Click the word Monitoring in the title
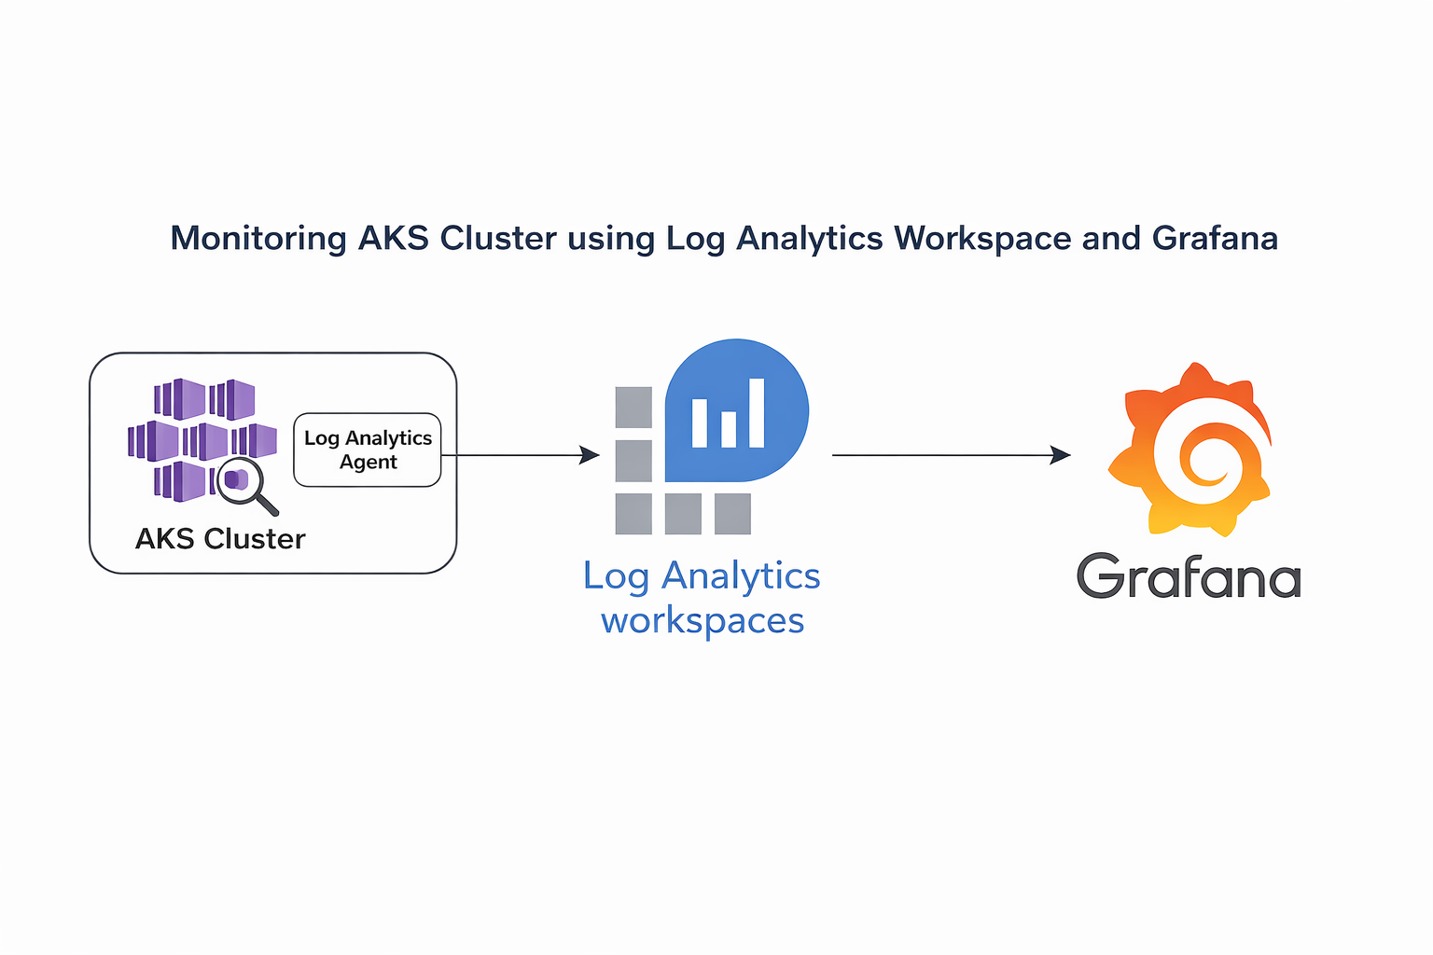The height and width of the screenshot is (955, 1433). pyautogui.click(x=258, y=239)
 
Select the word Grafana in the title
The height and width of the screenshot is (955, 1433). pyautogui.click(x=1215, y=239)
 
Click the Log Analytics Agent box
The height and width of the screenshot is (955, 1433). pyautogui.click(x=368, y=450)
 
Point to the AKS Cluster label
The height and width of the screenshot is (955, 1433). pyautogui.click(x=220, y=539)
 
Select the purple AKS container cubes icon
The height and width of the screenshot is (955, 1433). pyautogui.click(x=196, y=434)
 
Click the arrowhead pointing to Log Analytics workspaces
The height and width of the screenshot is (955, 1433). pyautogui.click(x=590, y=455)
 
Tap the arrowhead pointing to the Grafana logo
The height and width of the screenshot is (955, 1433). pyautogui.click(x=1061, y=455)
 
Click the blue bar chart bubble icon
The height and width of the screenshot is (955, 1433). pyautogui.click(x=736, y=410)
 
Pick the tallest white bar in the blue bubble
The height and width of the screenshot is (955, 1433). pyautogui.click(x=757, y=413)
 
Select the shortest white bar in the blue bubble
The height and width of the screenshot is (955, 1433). pyautogui.click(x=729, y=429)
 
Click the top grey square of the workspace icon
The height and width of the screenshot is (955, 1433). pyautogui.click(x=633, y=408)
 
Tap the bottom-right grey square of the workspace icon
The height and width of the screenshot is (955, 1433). pyautogui.click(x=732, y=514)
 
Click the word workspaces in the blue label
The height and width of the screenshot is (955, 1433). pyautogui.click(x=703, y=621)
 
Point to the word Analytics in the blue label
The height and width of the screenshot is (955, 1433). pyautogui.click(x=741, y=576)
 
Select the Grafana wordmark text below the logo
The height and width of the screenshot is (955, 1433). pyautogui.click(x=1189, y=576)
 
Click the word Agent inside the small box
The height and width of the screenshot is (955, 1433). pyautogui.click(x=368, y=463)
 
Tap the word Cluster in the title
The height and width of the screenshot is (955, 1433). pyautogui.click(x=498, y=239)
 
